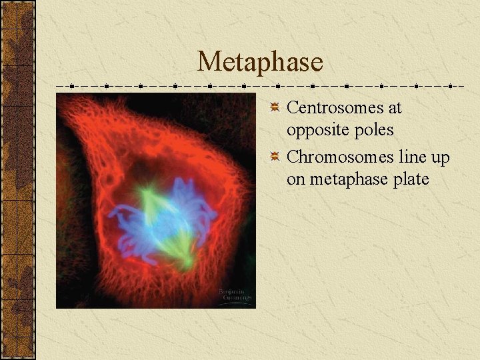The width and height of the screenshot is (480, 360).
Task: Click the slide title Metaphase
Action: click(x=260, y=62)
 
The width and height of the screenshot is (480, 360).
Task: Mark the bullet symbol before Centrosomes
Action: click(x=275, y=108)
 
